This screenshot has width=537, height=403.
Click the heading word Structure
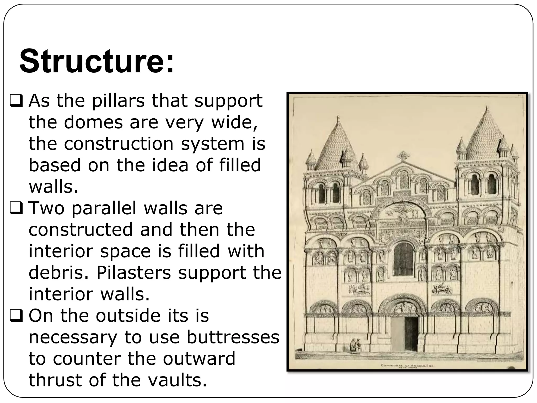coord(96,61)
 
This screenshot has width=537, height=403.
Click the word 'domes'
coord(93,122)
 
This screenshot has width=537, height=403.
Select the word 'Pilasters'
coord(134,273)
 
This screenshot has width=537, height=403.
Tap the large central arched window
coord(403,259)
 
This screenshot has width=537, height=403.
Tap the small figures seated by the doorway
coord(355,346)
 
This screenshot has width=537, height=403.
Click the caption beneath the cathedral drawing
coord(407,366)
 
